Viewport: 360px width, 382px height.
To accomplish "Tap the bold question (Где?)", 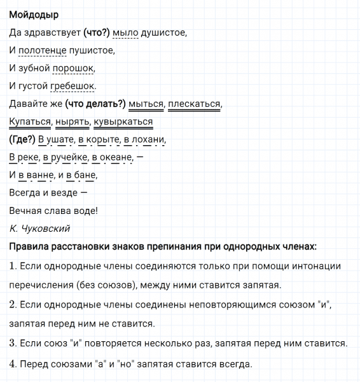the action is click(22, 139).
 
